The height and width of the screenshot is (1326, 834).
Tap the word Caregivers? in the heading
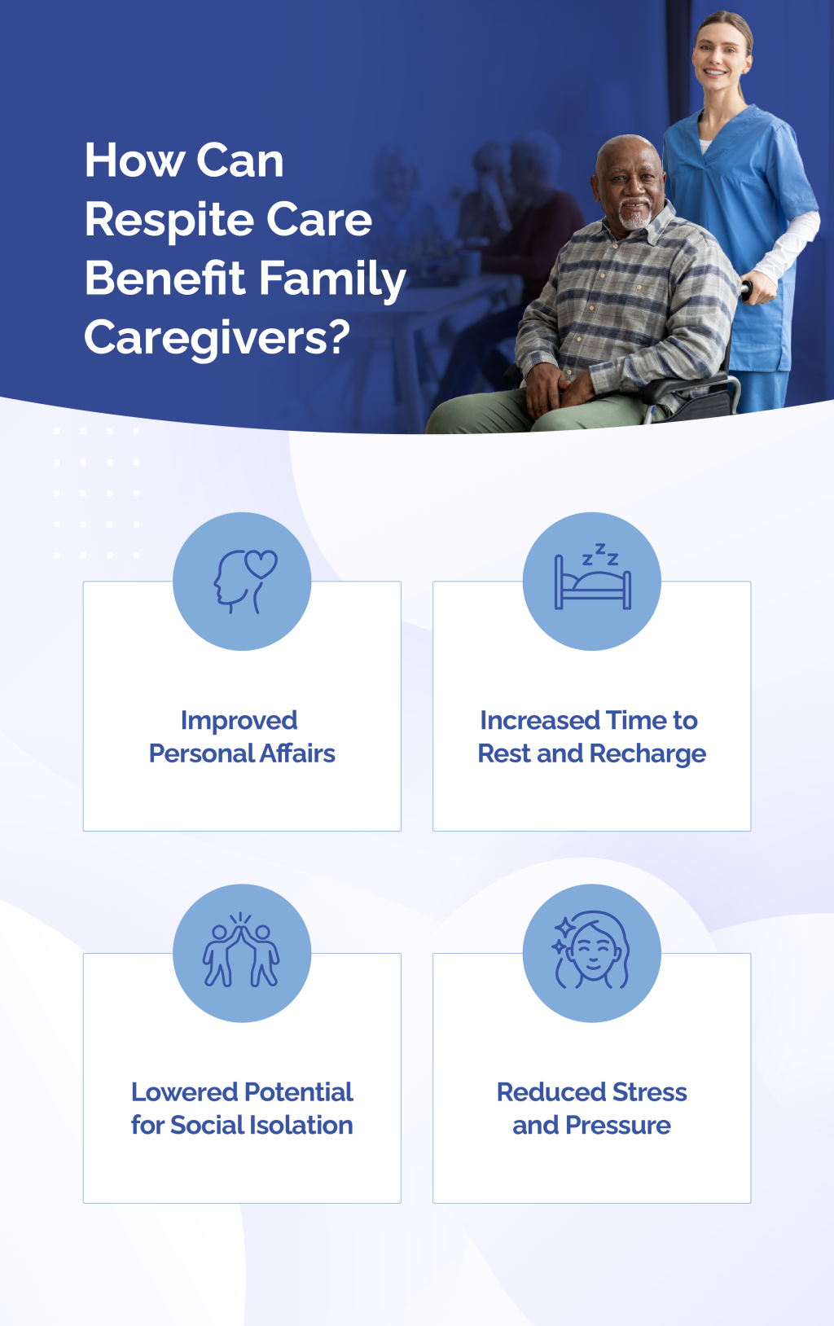pos(217,337)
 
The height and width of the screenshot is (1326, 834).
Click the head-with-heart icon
pos(242,582)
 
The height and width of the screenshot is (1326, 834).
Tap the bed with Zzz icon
pos(592,582)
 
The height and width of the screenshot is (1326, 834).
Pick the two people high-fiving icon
pos(242,953)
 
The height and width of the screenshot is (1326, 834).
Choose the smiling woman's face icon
pos(592,953)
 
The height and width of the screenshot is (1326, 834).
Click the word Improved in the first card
pos(239,720)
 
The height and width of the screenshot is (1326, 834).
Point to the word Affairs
pos(297,753)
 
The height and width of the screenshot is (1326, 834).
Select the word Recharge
pos(648,754)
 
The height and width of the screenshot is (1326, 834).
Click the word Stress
pos(650,1091)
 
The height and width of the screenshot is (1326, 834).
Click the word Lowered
pos(184,1091)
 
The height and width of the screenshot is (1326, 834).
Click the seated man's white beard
pos(634,218)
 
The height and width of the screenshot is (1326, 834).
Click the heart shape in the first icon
pos(261,563)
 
